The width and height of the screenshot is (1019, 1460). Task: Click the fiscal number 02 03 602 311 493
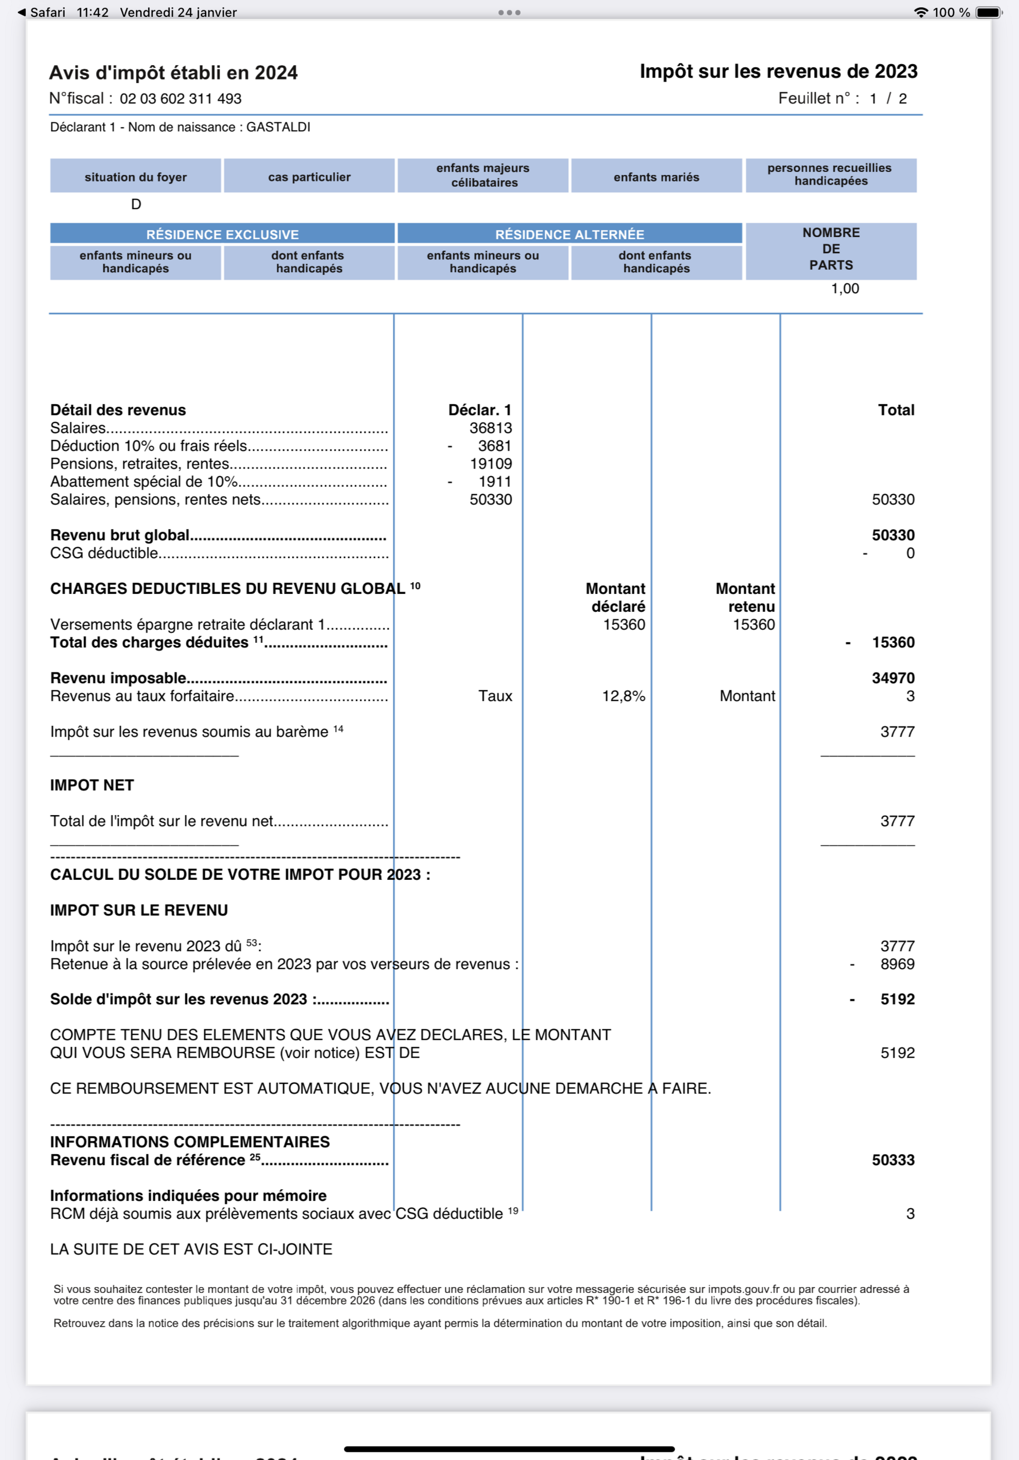[x=180, y=98]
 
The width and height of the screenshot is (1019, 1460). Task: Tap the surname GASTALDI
[x=278, y=127]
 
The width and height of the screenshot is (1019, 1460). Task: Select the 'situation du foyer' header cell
[x=136, y=177]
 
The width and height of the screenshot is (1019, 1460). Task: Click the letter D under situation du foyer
[x=136, y=204]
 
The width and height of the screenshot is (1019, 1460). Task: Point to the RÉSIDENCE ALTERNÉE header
[x=570, y=234]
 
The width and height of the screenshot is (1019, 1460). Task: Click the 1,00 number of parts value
[x=845, y=289]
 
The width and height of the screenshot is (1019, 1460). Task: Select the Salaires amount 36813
[x=490, y=428]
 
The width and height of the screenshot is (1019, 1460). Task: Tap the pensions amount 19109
[x=490, y=463]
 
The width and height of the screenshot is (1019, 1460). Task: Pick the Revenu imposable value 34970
[x=893, y=678]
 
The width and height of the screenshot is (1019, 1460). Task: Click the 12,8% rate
[x=623, y=696]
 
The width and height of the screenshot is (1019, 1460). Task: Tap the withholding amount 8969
[x=897, y=964]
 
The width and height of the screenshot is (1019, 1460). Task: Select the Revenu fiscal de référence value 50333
[x=893, y=1160]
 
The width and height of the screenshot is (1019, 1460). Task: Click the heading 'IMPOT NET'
[x=92, y=786]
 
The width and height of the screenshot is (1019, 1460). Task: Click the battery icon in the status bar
[x=988, y=12]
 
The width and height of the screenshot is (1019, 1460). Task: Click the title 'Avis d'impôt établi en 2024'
[x=173, y=73]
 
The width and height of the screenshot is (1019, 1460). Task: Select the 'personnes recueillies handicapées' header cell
[x=830, y=175]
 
